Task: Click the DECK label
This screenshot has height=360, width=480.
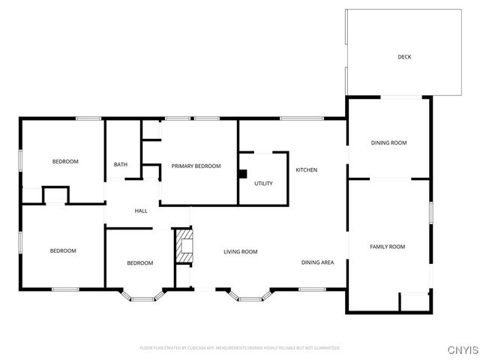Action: click(x=404, y=57)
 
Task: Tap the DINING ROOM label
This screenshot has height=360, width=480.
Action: click(x=388, y=142)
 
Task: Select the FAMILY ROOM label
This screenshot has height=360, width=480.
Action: click(x=387, y=247)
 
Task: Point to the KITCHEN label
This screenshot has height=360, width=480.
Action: click(x=306, y=170)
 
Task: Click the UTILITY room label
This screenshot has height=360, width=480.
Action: click(x=263, y=184)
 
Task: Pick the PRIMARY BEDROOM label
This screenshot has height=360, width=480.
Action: click(x=196, y=166)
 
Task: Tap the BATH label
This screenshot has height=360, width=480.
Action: click(x=121, y=165)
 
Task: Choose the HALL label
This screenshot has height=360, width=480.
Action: click(x=141, y=211)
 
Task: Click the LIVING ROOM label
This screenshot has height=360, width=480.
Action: click(x=240, y=252)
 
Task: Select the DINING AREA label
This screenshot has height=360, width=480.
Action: click(x=317, y=262)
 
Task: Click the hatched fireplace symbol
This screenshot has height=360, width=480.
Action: click(x=184, y=247)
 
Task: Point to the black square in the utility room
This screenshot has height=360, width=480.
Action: click(x=242, y=174)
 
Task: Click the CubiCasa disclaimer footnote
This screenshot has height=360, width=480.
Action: click(x=240, y=348)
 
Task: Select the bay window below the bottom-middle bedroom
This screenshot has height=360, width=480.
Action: click(x=141, y=295)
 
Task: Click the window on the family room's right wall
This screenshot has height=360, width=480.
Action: click(x=431, y=211)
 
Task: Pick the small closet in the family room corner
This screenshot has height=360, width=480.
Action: click(x=413, y=301)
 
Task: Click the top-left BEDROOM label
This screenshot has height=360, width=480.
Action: click(x=65, y=161)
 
